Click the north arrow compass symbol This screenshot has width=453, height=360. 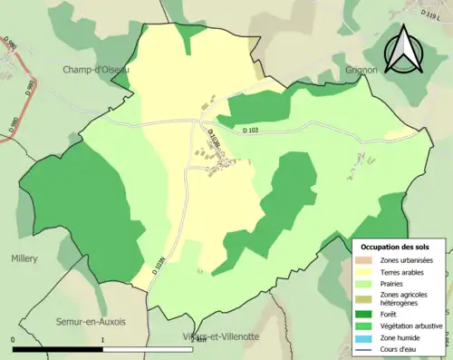click(x=403, y=50)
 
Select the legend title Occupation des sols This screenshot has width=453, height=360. click(x=395, y=247)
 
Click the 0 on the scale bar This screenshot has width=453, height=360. click(x=14, y=341)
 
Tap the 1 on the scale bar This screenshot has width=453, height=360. click(x=103, y=341)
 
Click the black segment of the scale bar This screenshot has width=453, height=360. click(x=58, y=350)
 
